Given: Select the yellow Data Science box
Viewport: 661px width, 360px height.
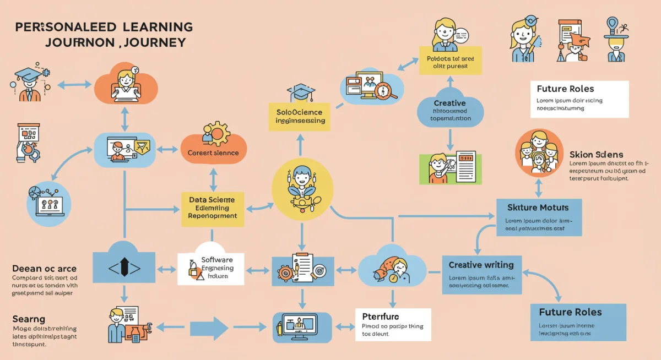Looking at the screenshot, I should click(x=212, y=208).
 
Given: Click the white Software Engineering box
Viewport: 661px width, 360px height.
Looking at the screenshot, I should click(x=211, y=268).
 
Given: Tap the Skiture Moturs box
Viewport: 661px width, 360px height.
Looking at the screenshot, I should click(x=539, y=217).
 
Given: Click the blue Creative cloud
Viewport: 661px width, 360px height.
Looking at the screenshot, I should click(x=450, y=109).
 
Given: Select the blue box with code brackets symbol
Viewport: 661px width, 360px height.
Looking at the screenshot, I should click(x=123, y=268).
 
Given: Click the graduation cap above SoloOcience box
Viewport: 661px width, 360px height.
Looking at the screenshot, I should click(x=301, y=92).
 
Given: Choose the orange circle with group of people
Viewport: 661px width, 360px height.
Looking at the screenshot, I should click(x=539, y=152).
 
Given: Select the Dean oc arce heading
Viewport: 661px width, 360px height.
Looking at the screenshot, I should click(x=44, y=269).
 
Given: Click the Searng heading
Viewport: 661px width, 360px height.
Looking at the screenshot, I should click(x=29, y=319).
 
